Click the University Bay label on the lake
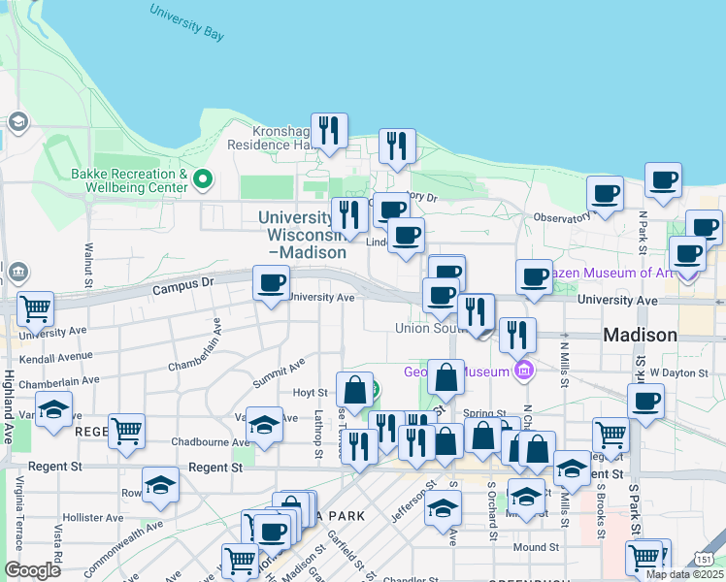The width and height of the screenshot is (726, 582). tap(187, 22)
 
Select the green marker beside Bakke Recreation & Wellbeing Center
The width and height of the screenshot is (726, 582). tap(203, 179)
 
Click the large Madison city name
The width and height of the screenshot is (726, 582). tap(641, 335)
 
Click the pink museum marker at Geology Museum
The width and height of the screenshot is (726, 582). tap(524, 370)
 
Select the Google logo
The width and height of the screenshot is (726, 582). tap(33, 569)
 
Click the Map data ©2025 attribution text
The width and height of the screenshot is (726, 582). tap(683, 574)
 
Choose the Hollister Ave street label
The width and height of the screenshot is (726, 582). tap(90, 517)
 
